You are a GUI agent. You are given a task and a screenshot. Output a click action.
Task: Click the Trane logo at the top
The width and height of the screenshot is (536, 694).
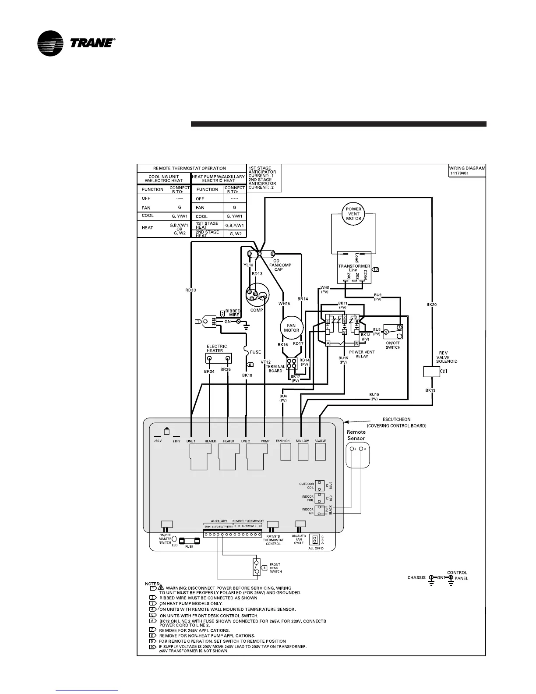[x=76, y=43]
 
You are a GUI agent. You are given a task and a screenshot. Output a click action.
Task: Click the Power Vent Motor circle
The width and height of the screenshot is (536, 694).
[x=354, y=213]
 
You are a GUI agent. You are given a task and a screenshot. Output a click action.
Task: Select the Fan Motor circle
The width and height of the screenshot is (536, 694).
[x=292, y=328]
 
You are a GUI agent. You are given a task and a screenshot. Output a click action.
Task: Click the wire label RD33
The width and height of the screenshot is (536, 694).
[x=191, y=290]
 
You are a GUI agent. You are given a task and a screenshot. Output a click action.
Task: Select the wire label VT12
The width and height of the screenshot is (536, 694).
[x=266, y=362]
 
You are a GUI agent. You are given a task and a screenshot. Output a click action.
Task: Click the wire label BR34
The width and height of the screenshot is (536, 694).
[x=209, y=371]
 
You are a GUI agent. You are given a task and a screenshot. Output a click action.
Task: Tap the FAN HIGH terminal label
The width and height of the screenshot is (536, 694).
[x=283, y=441]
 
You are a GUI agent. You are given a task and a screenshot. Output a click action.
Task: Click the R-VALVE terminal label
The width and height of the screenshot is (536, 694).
[x=321, y=441]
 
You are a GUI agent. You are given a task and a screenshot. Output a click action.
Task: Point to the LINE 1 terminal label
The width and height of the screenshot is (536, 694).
[x=191, y=441]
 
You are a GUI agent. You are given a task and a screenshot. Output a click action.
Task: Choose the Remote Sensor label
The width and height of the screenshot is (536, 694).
[x=356, y=435]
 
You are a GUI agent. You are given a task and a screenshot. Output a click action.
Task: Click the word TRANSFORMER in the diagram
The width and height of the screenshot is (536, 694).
[x=354, y=266]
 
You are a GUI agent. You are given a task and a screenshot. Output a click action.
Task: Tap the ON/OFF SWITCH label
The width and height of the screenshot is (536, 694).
[x=393, y=345]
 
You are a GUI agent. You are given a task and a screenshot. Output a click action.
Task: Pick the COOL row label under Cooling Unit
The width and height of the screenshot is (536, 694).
[x=148, y=216]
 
